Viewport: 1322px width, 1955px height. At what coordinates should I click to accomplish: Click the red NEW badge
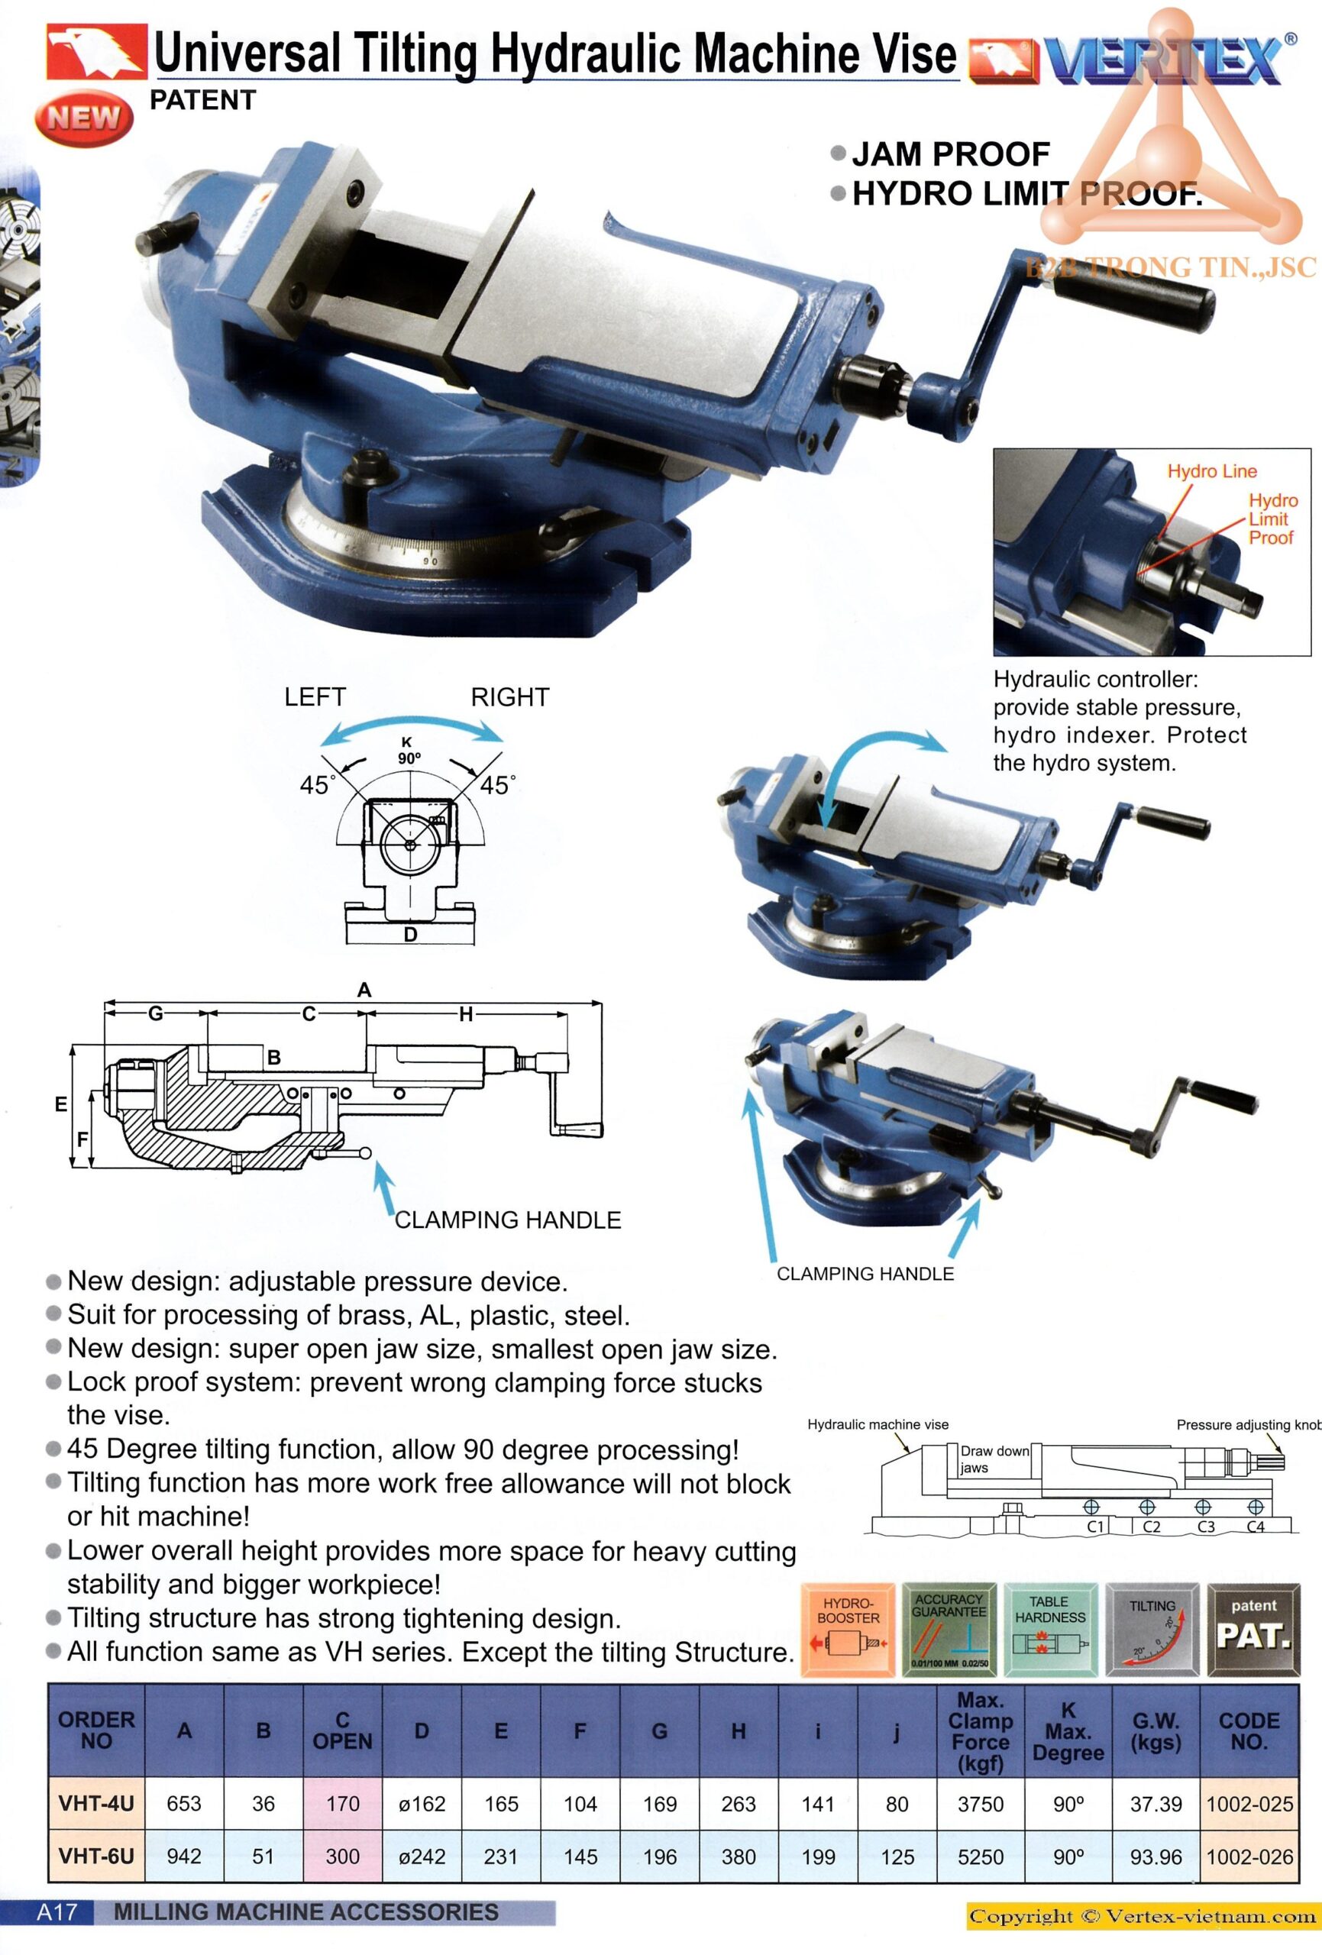click(x=84, y=118)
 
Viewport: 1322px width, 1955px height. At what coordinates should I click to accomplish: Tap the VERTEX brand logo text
click(x=1165, y=60)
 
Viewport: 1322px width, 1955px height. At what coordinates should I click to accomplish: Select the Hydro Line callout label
click(x=1212, y=471)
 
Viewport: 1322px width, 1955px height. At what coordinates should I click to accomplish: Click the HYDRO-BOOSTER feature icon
click(x=848, y=1630)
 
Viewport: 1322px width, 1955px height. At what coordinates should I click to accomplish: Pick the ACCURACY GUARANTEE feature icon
click(x=949, y=1630)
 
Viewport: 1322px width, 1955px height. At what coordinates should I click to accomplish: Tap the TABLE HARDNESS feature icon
click(x=1050, y=1630)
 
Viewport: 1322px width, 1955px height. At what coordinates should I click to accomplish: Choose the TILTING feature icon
click(x=1152, y=1630)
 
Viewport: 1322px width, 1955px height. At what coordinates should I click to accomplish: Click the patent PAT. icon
click(x=1254, y=1630)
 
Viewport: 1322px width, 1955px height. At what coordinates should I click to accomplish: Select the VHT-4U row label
click(x=96, y=1804)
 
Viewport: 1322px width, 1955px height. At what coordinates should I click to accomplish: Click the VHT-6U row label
click(x=96, y=1856)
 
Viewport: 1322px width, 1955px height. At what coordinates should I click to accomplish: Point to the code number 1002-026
click(x=1249, y=1856)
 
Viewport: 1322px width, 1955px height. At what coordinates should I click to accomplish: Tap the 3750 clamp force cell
click(x=981, y=1804)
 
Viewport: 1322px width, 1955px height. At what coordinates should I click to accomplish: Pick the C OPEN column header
click(x=342, y=1730)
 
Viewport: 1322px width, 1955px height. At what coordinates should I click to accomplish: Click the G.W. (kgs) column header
click(x=1156, y=1731)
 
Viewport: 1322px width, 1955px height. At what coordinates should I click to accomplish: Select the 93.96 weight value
click(x=1156, y=1856)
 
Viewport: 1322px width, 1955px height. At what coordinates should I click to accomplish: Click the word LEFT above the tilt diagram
click(x=315, y=697)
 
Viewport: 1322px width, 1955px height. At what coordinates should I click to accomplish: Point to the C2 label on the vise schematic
click(x=1151, y=1527)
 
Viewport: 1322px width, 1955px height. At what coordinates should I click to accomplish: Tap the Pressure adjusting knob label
click(x=1249, y=1425)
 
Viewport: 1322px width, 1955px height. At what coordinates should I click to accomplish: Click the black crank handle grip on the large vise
click(x=1133, y=300)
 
